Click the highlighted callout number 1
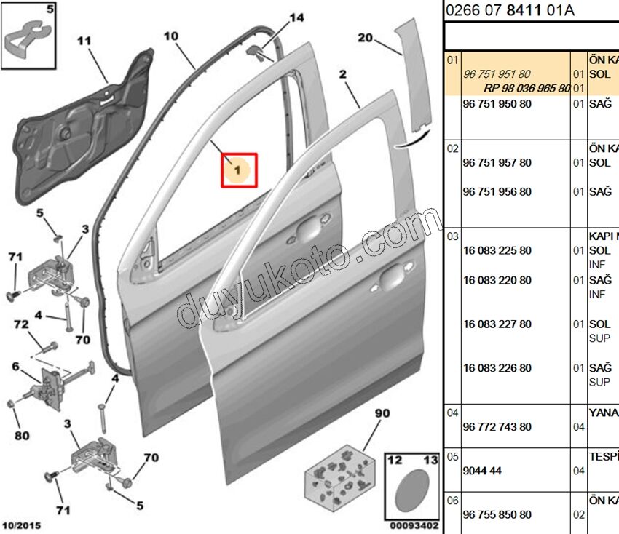point(239,170)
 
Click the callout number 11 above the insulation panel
point(85,41)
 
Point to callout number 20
point(365,38)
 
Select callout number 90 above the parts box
point(382,414)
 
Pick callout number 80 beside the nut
point(22,436)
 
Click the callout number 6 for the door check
point(15,367)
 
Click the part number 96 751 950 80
point(497,104)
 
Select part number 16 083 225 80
point(497,251)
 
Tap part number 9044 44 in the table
point(482,471)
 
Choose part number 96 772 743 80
point(497,427)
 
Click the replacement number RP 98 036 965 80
point(527,88)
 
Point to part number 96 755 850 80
point(497,515)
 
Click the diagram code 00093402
point(413,525)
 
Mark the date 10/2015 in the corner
point(22,525)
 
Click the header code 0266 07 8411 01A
point(509,10)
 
